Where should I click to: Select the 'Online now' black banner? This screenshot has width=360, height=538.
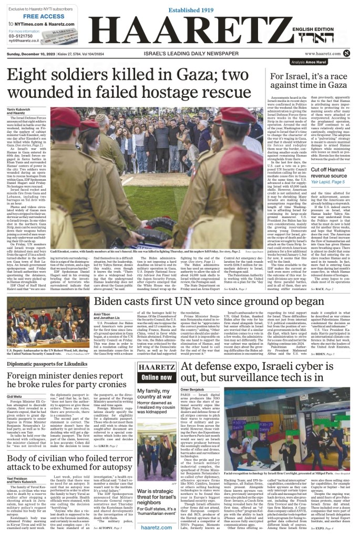[157, 377]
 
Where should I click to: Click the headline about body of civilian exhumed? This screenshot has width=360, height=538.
[66, 467]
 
